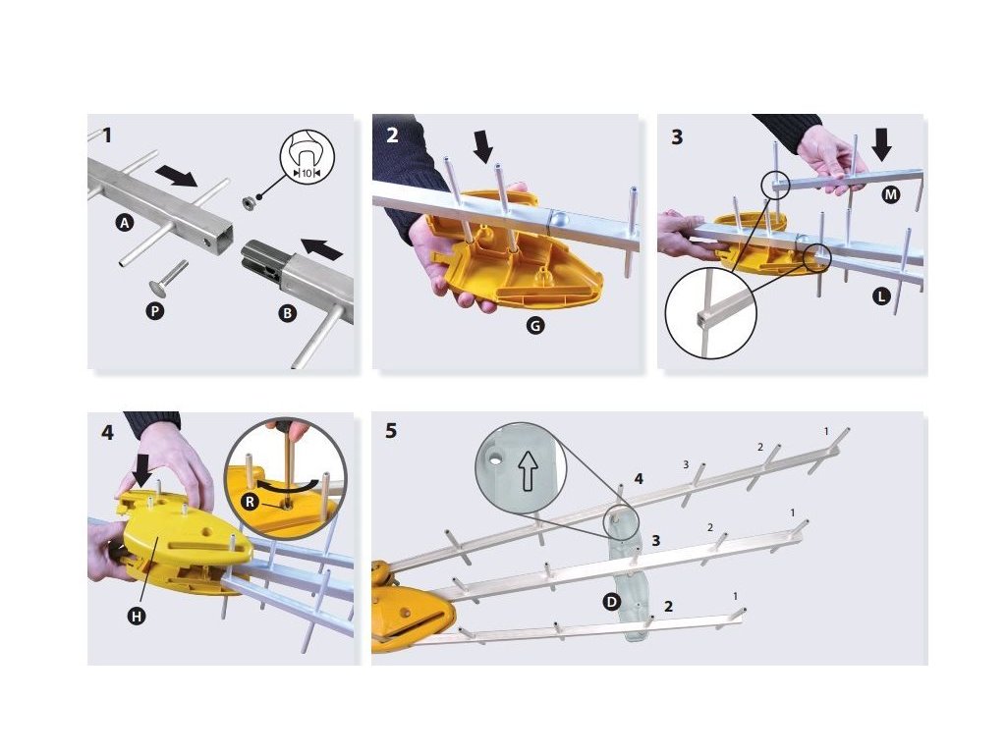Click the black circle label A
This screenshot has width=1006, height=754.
125,223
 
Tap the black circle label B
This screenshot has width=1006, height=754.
287,313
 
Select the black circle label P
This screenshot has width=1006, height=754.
154,311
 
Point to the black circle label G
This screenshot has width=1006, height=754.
535,326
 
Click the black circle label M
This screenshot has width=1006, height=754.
890,194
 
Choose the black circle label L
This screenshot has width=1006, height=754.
881,296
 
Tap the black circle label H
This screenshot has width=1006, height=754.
137,617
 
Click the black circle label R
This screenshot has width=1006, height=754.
251,502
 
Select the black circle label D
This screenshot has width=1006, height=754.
611,602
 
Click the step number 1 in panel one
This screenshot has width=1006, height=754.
106,135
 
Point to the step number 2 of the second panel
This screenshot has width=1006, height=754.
392,135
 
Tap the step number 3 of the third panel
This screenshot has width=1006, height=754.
677,137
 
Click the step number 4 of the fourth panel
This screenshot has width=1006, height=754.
107,433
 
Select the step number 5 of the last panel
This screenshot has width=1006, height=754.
391,431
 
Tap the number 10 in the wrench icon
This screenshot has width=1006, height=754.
307,173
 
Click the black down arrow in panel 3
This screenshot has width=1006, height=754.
882,144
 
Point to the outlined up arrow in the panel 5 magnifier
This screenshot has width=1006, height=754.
528,470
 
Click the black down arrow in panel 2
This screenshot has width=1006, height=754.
482,147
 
